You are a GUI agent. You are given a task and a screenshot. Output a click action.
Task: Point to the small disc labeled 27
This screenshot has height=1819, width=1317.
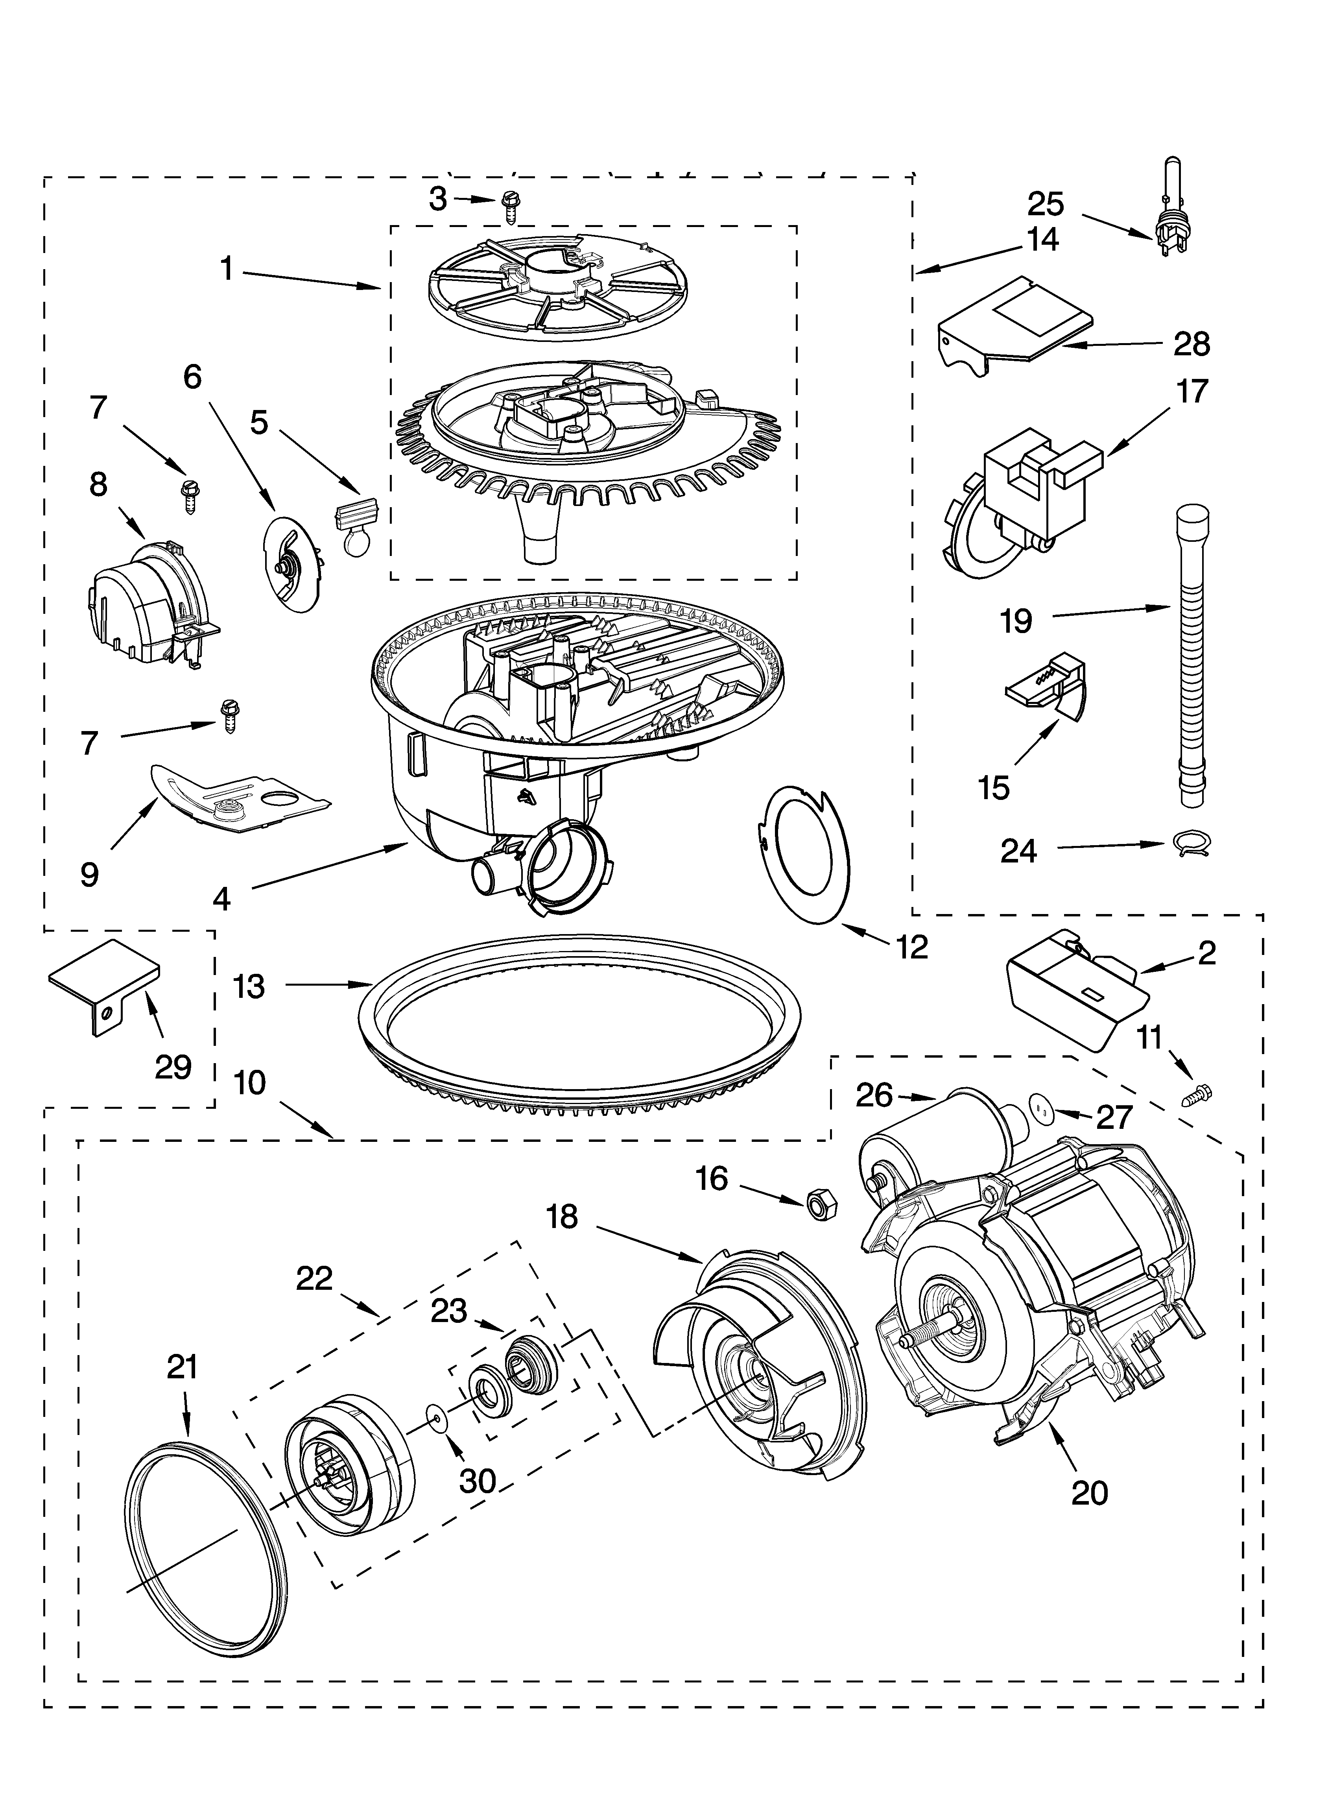[x=1040, y=1110]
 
